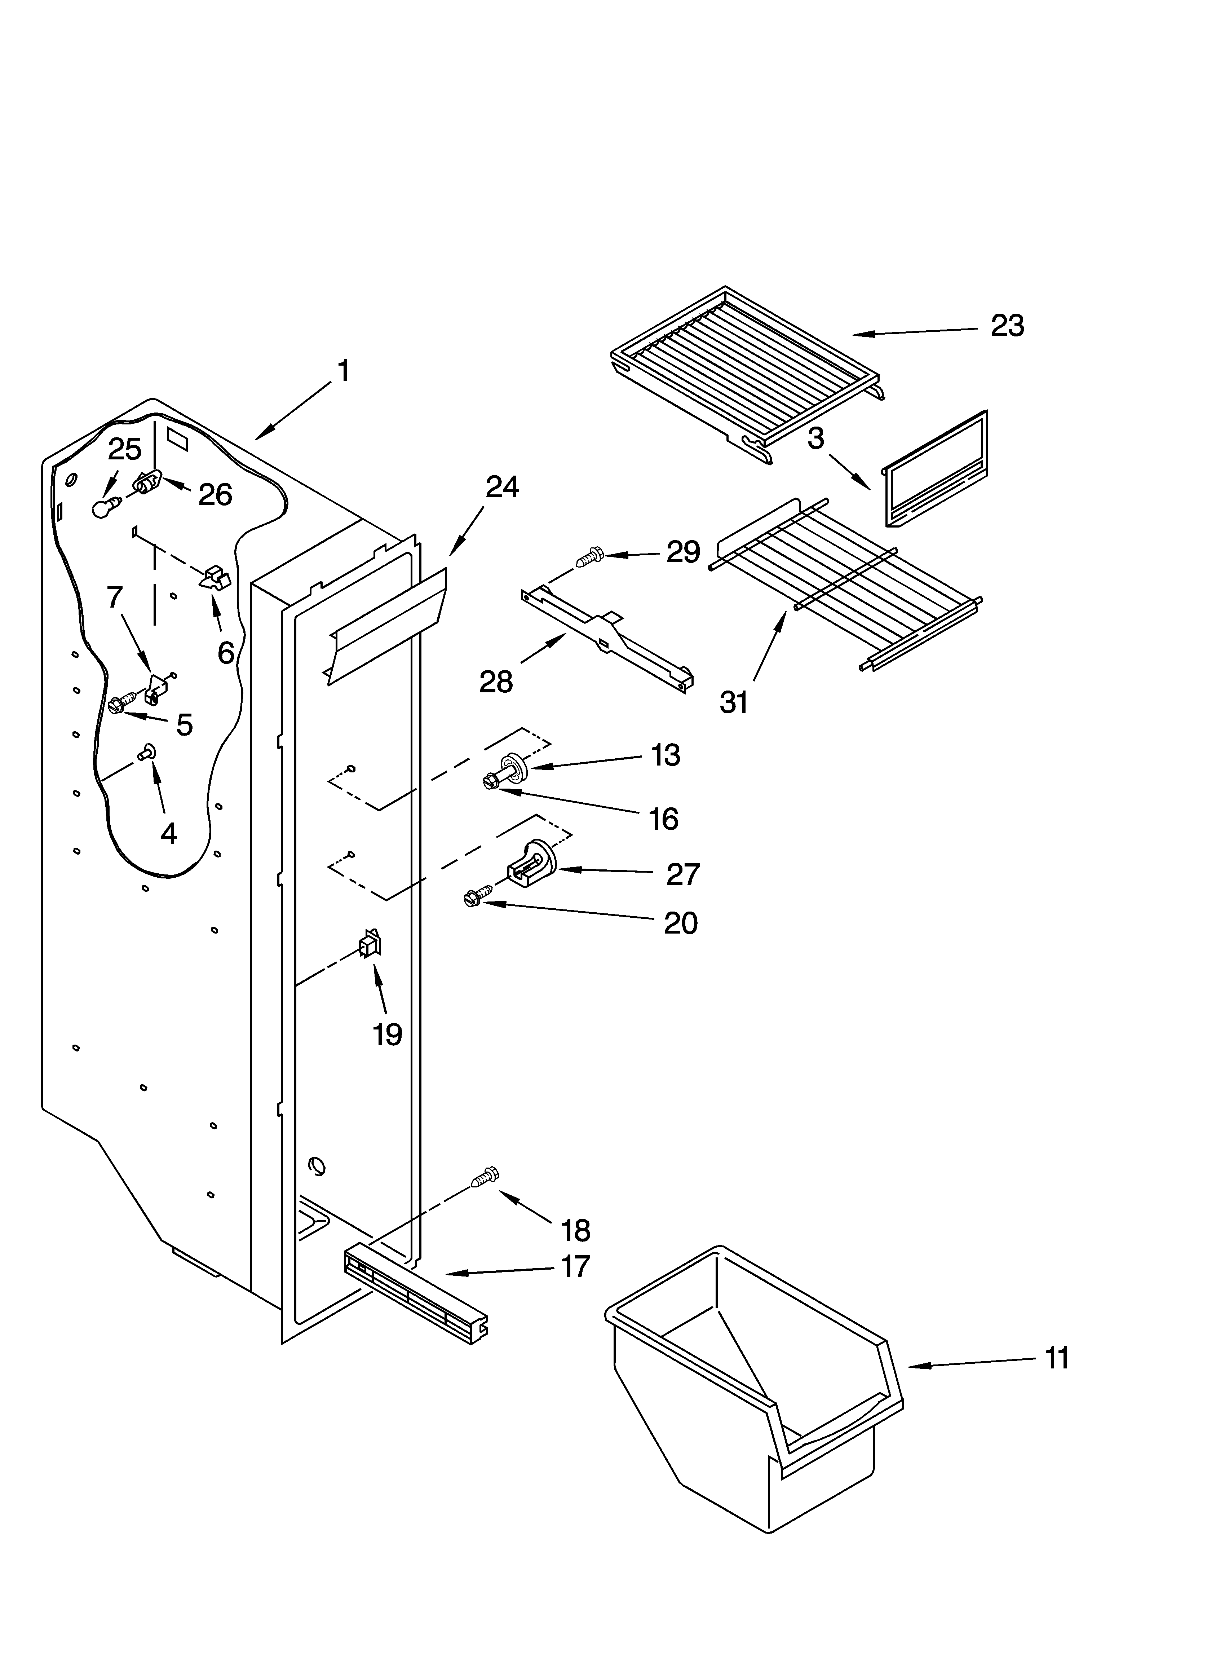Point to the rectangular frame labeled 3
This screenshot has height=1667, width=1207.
click(935, 471)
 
